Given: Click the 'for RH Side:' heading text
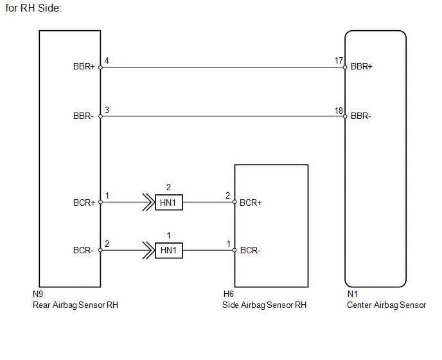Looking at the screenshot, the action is (33, 8).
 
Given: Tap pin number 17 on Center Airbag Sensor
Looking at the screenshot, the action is (339, 60).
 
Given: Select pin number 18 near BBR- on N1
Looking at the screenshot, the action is (339, 111).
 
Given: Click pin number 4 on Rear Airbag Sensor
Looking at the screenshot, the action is (107, 60).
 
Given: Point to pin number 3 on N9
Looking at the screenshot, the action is (107, 110).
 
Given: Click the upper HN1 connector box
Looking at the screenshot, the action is (169, 203).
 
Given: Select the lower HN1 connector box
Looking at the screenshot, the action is (169, 250).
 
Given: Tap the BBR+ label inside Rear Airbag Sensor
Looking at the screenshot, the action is (84, 67).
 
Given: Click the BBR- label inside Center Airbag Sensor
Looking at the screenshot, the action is (361, 116).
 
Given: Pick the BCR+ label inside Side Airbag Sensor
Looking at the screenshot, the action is (251, 203).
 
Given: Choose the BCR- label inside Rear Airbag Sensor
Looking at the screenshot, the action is (83, 250).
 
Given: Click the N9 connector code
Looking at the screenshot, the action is (38, 294).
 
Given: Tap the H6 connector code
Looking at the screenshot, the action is (229, 294).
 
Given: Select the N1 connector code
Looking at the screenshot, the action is (352, 294).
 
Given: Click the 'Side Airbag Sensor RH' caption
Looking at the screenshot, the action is (264, 305).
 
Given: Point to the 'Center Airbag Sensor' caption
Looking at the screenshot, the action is (387, 305).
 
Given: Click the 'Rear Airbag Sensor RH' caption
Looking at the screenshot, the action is (75, 305).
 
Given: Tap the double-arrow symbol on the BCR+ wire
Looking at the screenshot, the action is (148, 203).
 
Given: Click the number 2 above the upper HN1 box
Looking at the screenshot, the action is (168, 187).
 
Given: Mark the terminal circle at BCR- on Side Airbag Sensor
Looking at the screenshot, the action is (234, 250).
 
